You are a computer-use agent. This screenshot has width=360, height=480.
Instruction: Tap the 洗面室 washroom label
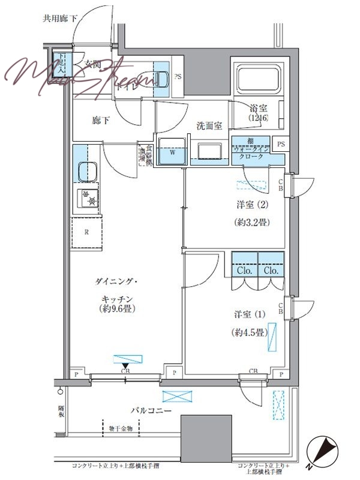pos(209,126)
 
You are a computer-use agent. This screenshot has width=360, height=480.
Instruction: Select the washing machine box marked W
pos(172,152)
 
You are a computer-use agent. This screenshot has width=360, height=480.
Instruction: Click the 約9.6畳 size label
pos(116,310)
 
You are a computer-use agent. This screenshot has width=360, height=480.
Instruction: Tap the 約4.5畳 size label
pos(248,332)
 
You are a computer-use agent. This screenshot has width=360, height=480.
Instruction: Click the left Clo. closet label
pos(244,271)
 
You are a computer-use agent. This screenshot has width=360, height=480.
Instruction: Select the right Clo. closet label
pos(271,271)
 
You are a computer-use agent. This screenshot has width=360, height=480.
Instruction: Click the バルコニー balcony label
pos(152,410)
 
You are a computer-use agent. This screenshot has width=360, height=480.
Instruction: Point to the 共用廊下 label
pos(60,19)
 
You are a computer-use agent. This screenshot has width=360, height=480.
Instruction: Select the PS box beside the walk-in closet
pos(281,144)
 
